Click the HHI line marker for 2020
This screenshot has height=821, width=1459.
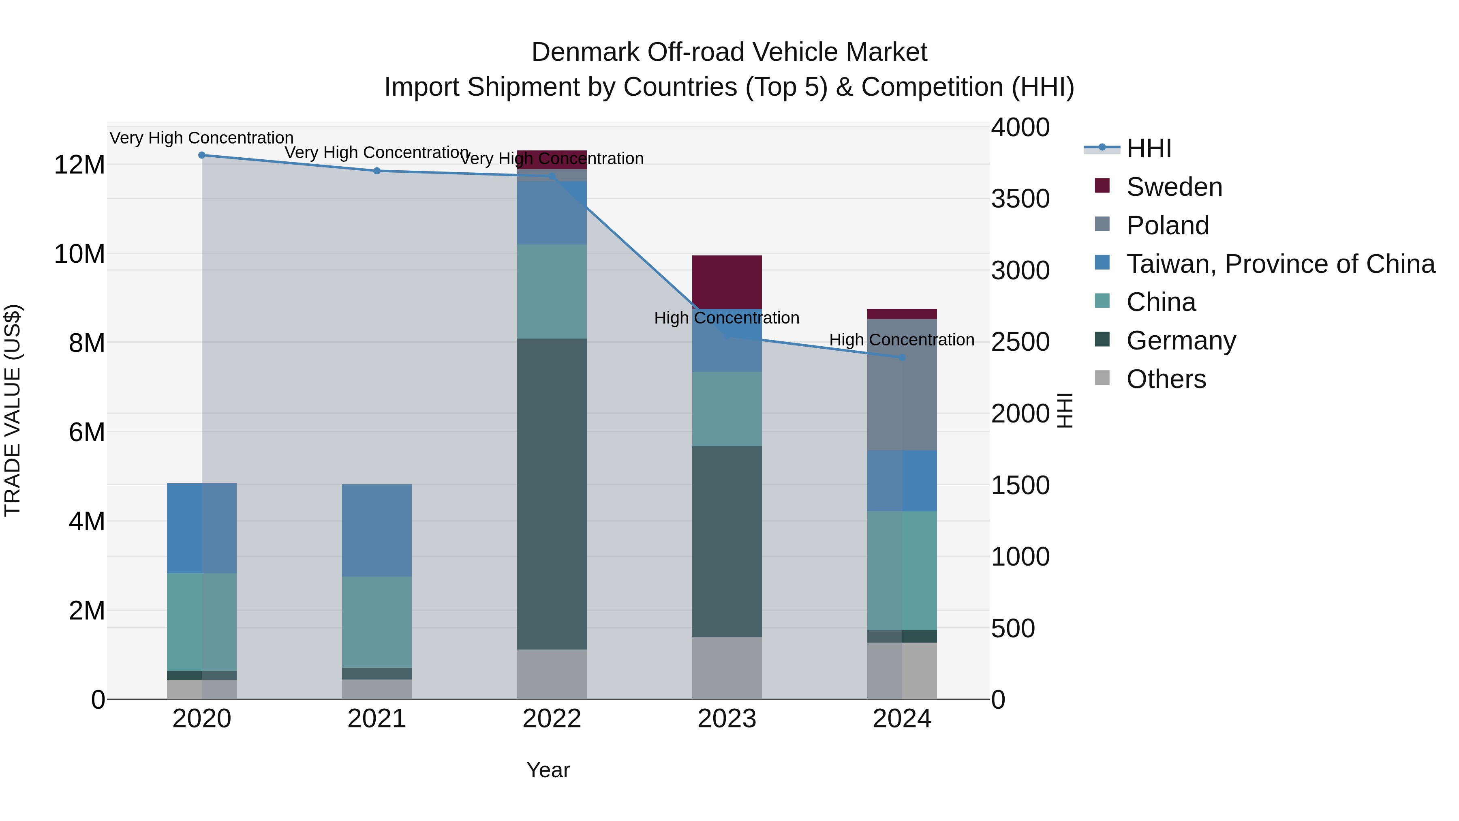coord(202,155)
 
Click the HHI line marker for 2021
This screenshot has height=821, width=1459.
coord(377,171)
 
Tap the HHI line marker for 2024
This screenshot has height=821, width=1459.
coord(902,358)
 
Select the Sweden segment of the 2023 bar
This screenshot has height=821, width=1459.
coord(727,282)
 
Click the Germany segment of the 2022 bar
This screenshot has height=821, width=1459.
coord(552,493)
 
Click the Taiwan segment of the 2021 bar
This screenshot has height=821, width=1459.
coord(377,530)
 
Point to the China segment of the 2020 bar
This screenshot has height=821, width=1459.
coord(202,622)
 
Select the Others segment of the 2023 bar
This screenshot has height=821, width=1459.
coord(727,667)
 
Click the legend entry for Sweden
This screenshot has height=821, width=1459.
coord(1174,187)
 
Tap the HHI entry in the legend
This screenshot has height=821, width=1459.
coord(1148,148)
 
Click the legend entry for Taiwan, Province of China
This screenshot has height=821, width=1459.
coord(1280,264)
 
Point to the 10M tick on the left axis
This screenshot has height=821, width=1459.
coord(79,254)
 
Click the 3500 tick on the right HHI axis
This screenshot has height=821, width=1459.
coord(1020,199)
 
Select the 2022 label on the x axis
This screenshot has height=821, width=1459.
coord(552,719)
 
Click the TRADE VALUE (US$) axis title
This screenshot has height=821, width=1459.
coord(13,410)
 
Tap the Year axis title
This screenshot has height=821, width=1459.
coord(548,770)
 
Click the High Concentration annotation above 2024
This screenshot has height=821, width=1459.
coord(902,340)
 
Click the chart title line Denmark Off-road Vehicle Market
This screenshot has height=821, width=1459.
coord(729,52)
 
